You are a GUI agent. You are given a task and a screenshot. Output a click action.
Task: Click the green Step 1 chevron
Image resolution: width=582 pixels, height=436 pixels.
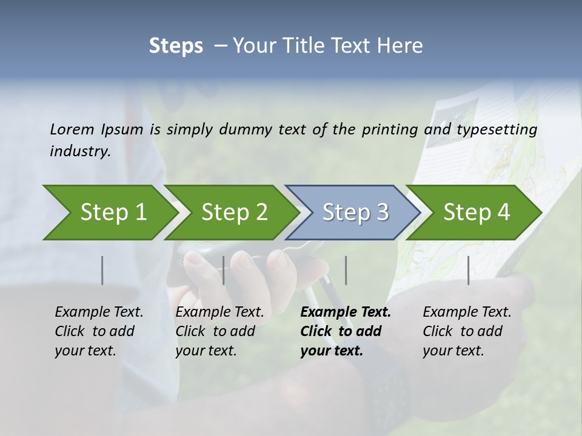pyautogui.click(x=109, y=212)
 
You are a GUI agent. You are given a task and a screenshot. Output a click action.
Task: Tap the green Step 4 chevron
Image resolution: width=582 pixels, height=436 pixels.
pyautogui.click(x=475, y=212)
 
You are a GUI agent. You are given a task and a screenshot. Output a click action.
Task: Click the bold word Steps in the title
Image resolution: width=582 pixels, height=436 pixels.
pyautogui.click(x=176, y=46)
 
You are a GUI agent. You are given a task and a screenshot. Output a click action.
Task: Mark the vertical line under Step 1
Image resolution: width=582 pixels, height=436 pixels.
pyautogui.click(x=102, y=270)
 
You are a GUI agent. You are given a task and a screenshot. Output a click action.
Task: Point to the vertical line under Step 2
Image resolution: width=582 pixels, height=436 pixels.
pyautogui.click(x=224, y=270)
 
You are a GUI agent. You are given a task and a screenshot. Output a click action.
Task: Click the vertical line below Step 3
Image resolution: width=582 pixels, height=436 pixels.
pyautogui.click(x=346, y=270)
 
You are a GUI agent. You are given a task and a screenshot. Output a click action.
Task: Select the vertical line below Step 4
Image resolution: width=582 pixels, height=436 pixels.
pyautogui.click(x=469, y=270)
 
